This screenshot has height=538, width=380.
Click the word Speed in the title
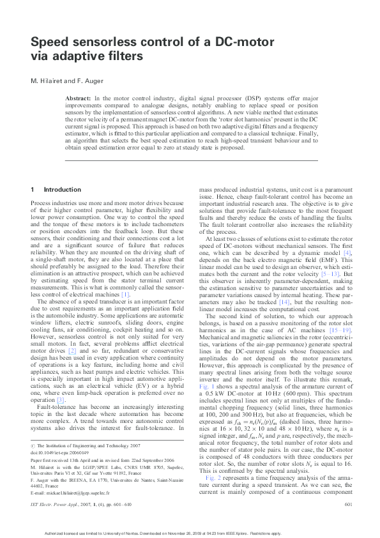click(x=50, y=42)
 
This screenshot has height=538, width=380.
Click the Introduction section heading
click(x=63, y=190)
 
